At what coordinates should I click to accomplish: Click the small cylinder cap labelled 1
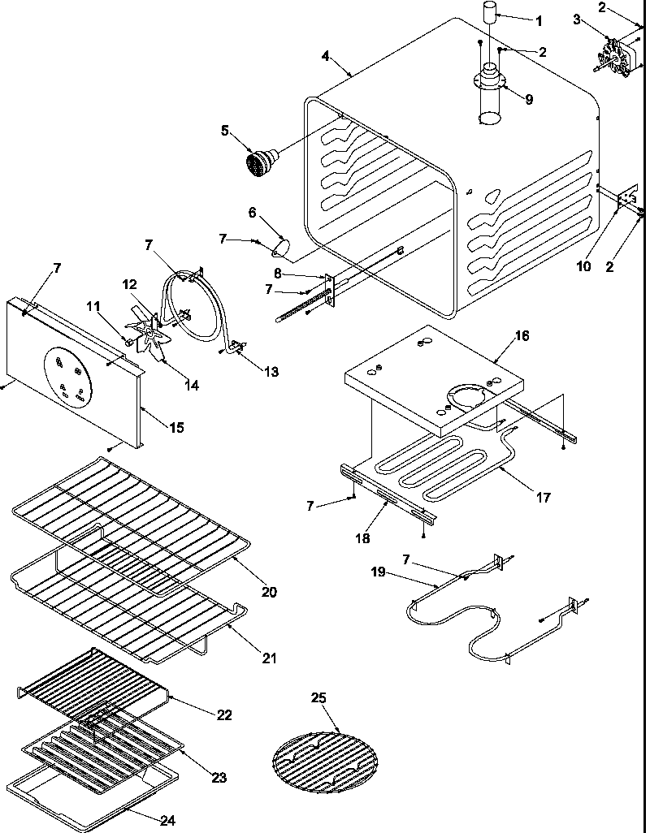tap(490, 14)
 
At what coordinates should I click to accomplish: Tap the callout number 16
tap(521, 335)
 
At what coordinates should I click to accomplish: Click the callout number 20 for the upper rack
tap(269, 593)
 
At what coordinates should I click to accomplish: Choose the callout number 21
tap(268, 658)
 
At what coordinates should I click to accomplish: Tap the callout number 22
tap(224, 715)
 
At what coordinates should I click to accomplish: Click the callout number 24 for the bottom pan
tap(167, 820)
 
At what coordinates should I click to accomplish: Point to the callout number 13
tap(270, 372)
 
